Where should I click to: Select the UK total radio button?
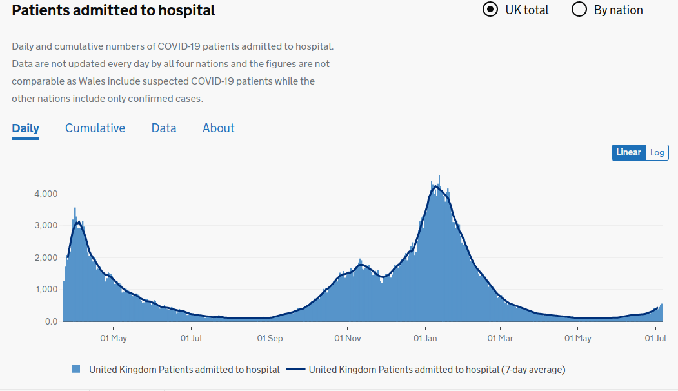pyautogui.click(x=490, y=10)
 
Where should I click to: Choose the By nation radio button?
pyautogui.click(x=579, y=10)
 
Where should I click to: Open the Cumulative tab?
pyautogui.click(x=95, y=128)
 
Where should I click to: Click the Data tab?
pyautogui.click(x=164, y=128)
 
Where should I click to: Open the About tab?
pyautogui.click(x=219, y=128)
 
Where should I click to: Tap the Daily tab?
pyautogui.click(x=25, y=128)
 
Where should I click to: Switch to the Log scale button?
pyautogui.click(x=657, y=152)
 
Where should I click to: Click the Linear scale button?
pyautogui.click(x=628, y=152)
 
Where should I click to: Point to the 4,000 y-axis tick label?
pyautogui.click(x=45, y=194)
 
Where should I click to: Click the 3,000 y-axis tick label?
pyautogui.click(x=45, y=226)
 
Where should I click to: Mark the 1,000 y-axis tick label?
pyautogui.click(x=45, y=290)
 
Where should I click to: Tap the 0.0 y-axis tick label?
pyautogui.click(x=50, y=321)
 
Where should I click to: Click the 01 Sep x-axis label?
pyautogui.click(x=270, y=337)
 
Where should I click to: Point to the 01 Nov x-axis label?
pyautogui.click(x=347, y=337)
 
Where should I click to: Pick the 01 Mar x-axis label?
pyautogui.click(x=500, y=337)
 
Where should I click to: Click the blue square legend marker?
pyautogui.click(x=77, y=370)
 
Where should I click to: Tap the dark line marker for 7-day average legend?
pyautogui.click(x=295, y=370)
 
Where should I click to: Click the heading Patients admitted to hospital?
pyautogui.click(x=114, y=10)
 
